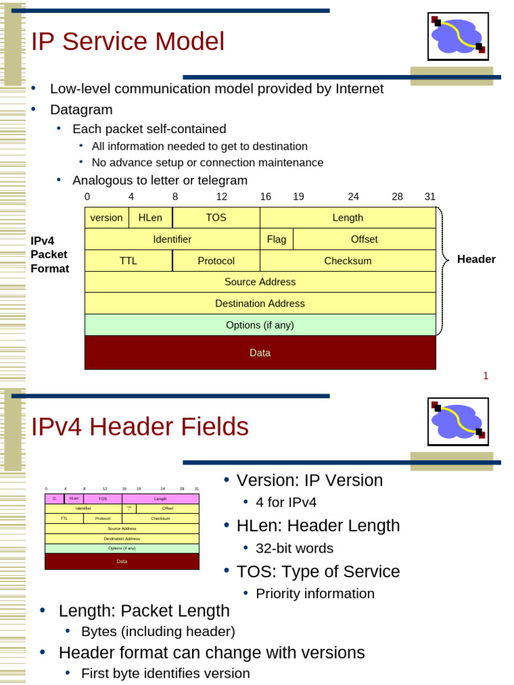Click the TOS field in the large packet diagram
pos(216,217)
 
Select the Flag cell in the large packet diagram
pos(276,239)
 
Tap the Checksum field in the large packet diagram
pos(347,261)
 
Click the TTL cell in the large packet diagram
pos(128,261)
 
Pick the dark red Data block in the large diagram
pos(260,353)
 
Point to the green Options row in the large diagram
pos(260,325)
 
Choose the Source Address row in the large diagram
pos(260,282)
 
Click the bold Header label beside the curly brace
pos(476,260)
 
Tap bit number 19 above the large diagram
pos(298,197)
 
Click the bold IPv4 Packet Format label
pos(50,254)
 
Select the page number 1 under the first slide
pos(486,376)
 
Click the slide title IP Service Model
pos(128,42)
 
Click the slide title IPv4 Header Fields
pos(140,427)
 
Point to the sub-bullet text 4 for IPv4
pos(286,502)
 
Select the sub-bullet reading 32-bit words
pos(294,549)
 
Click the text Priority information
pos(315,593)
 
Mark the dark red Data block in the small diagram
pos(122,561)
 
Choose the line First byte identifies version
pos(165,673)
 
